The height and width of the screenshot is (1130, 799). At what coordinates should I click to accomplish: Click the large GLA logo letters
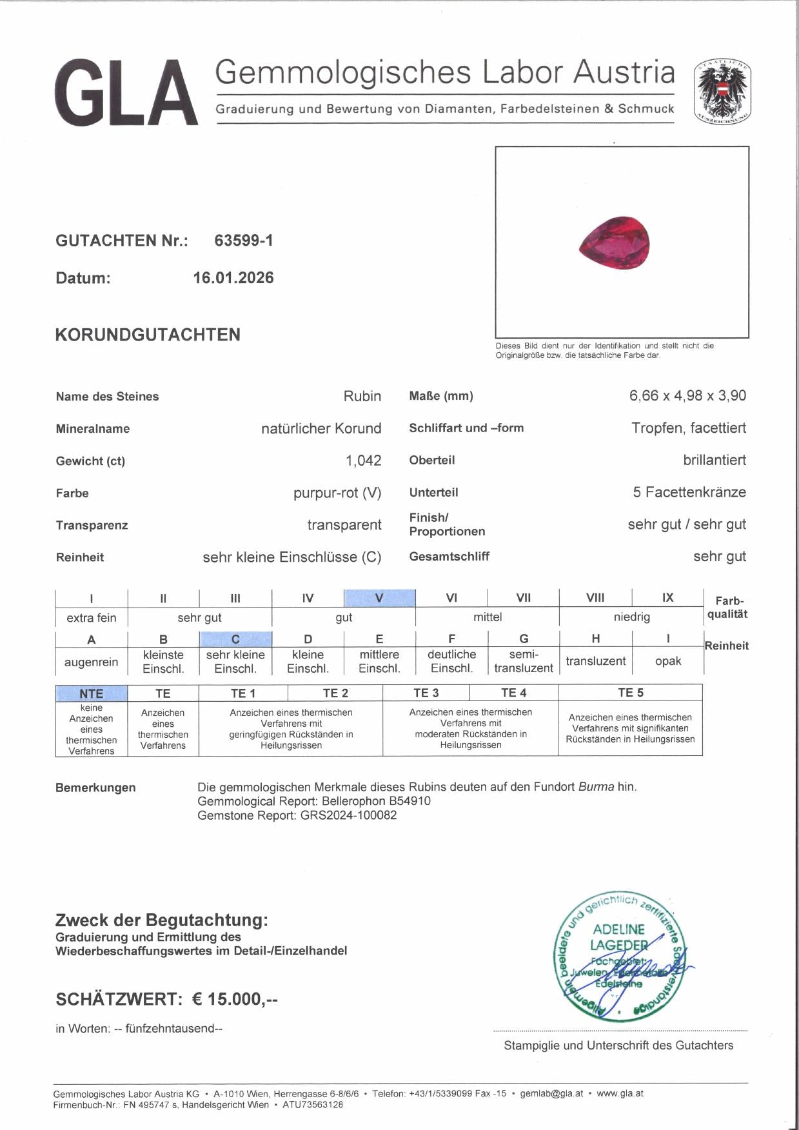(126, 93)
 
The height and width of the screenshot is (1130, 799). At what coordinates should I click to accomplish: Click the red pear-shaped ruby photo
(614, 243)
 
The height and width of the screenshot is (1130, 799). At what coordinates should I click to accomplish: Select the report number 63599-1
(244, 241)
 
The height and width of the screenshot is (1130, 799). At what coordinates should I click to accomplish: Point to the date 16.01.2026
(233, 278)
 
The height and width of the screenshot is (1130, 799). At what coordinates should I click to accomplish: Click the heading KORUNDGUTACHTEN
(148, 335)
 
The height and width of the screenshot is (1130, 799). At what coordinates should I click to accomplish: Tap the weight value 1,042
(363, 461)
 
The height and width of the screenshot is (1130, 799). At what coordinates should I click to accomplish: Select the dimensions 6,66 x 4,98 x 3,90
(687, 395)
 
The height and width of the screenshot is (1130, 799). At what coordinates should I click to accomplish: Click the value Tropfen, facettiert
(689, 428)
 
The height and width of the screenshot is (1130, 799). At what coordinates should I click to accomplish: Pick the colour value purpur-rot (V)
(337, 493)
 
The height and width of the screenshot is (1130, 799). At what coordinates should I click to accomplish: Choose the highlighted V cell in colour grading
(379, 598)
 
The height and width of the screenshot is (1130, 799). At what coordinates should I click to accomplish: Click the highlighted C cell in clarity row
(235, 639)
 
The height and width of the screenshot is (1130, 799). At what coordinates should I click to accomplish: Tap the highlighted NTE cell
(91, 693)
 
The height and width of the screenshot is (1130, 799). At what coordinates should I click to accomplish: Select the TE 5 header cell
(630, 693)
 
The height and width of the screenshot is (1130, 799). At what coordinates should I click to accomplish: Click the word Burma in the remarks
(596, 787)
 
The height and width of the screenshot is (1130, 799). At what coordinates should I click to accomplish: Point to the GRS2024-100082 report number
(348, 815)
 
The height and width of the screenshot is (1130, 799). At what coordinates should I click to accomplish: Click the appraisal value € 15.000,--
(235, 999)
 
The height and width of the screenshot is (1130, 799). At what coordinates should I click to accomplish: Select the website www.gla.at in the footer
(620, 1093)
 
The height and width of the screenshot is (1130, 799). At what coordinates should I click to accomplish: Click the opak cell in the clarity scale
(668, 661)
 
